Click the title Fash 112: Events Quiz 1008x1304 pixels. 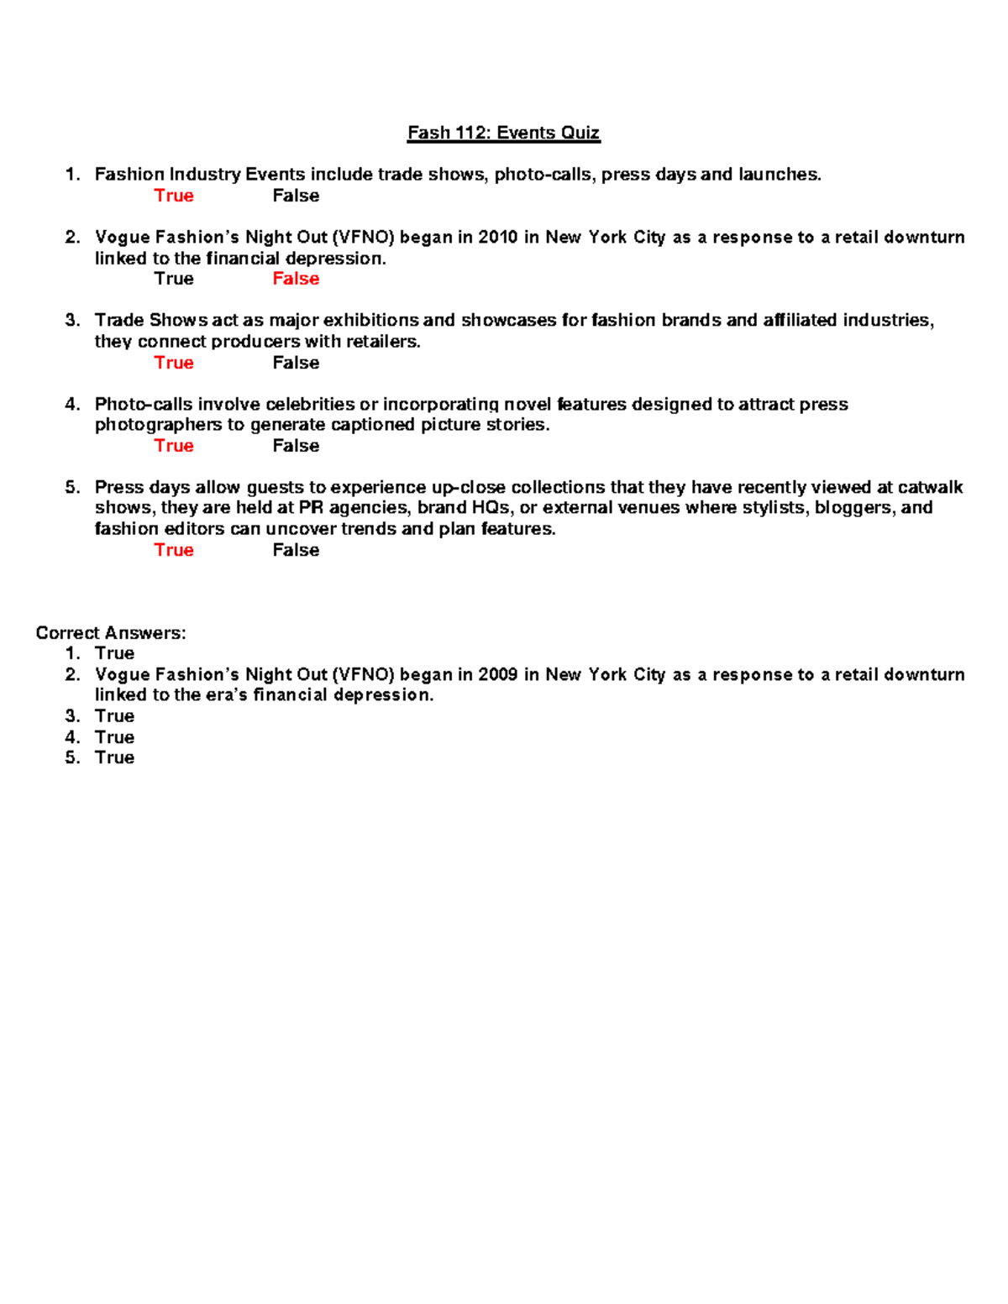503,133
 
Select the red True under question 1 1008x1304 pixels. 174,196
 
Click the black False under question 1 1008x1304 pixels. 296,196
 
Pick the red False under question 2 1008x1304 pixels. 296,279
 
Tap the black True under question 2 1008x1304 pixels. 174,279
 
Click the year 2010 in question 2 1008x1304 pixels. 497,238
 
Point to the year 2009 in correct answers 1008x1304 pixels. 497,675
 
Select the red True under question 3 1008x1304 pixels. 174,363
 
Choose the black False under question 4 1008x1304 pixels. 296,446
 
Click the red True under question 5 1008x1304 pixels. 174,550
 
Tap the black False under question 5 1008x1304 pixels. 296,550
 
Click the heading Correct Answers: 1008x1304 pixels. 111,633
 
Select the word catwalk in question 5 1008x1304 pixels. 930,488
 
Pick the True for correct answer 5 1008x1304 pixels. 114,757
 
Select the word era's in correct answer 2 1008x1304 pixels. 224,695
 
